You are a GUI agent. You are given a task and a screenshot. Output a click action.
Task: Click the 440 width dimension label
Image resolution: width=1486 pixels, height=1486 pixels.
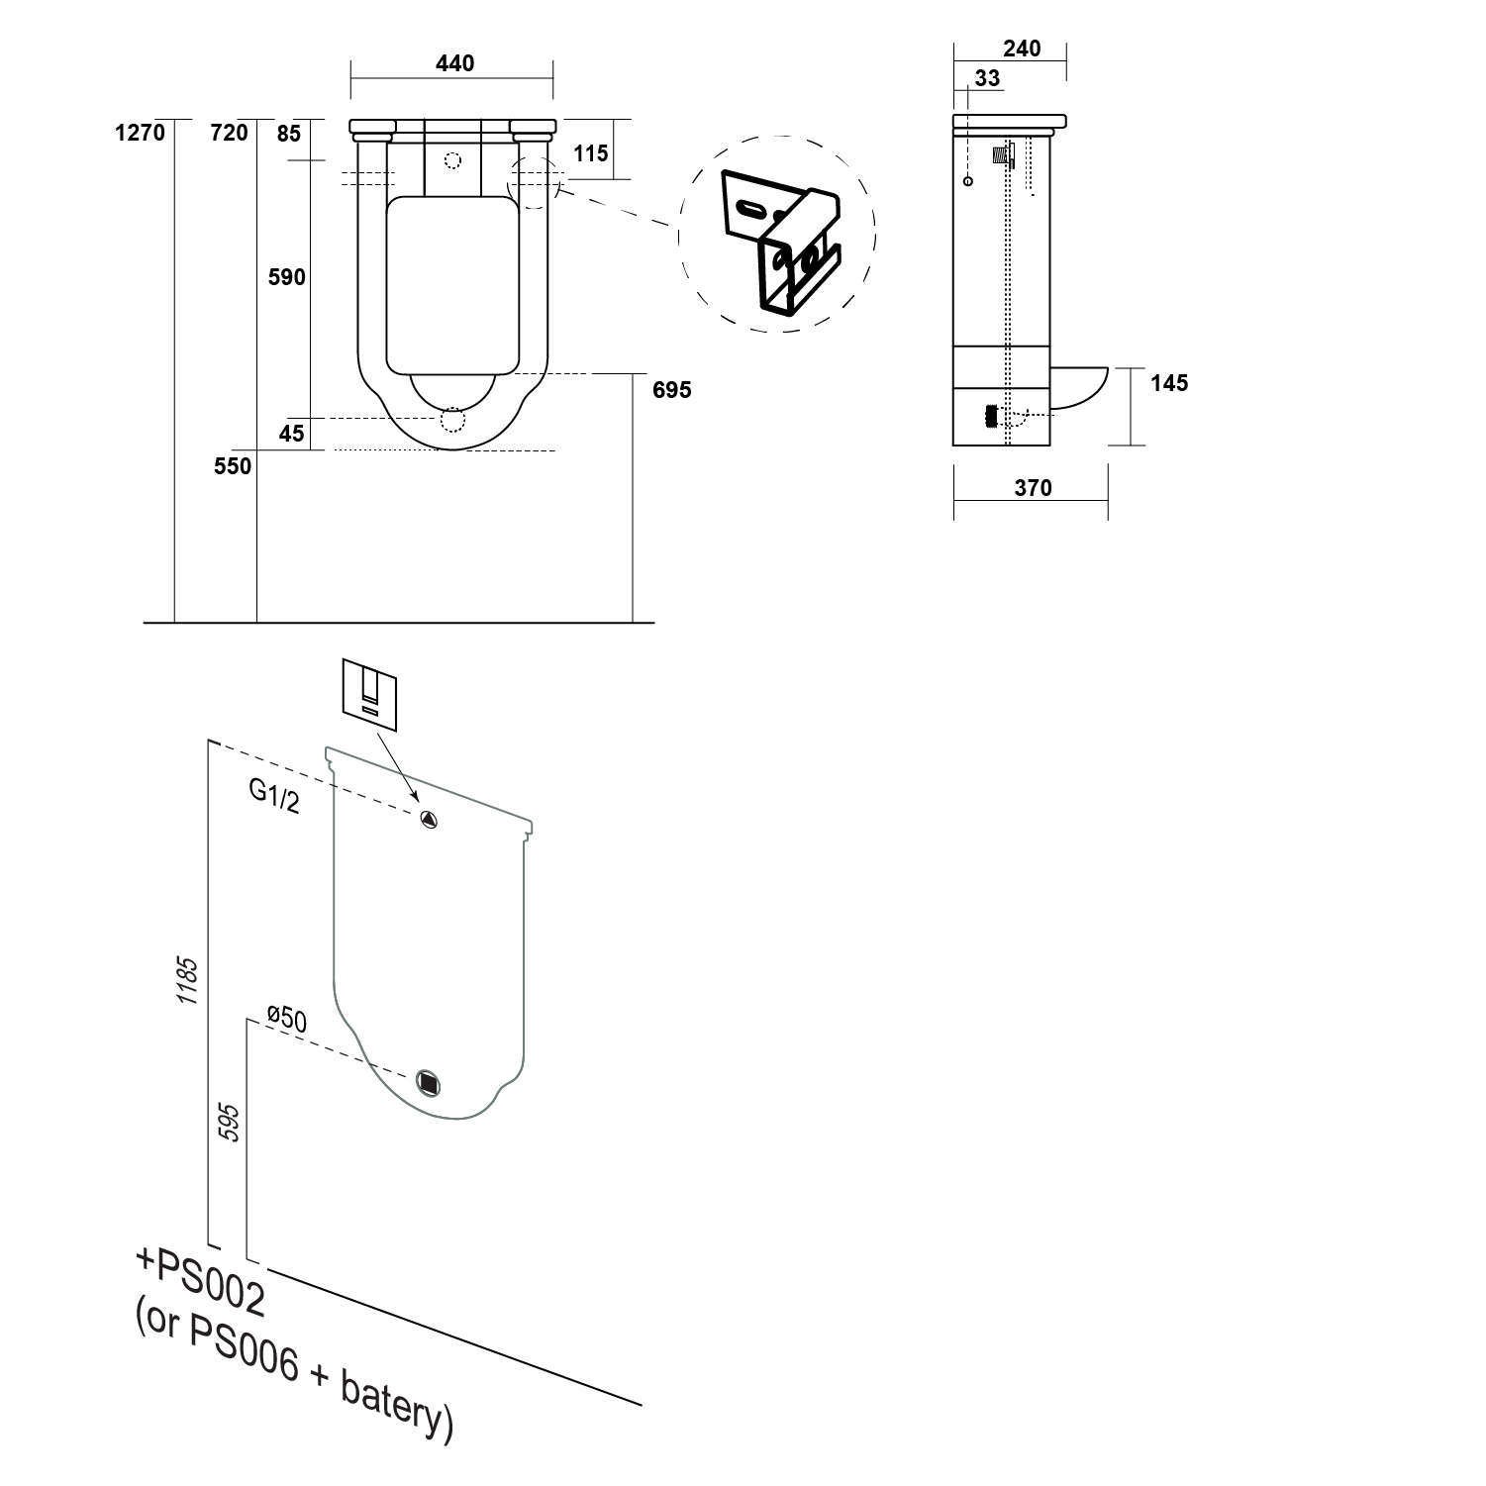pyautogui.click(x=455, y=63)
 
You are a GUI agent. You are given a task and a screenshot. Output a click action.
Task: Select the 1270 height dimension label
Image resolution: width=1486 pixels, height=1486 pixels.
pyautogui.click(x=140, y=132)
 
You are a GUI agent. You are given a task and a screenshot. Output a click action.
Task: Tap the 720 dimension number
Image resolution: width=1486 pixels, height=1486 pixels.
pyautogui.click(x=229, y=132)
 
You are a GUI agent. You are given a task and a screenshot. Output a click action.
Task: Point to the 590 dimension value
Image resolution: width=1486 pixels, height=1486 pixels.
pyautogui.click(x=287, y=277)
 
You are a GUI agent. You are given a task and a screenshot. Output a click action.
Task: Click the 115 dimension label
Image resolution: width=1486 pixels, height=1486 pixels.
pyautogui.click(x=591, y=153)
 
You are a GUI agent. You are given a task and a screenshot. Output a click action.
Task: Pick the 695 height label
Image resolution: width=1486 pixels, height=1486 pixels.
pyautogui.click(x=672, y=390)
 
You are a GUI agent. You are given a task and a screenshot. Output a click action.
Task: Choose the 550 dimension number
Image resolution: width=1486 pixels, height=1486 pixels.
pyautogui.click(x=233, y=465)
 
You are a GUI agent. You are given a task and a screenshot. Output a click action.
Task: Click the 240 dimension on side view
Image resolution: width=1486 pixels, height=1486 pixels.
pyautogui.click(x=1022, y=49)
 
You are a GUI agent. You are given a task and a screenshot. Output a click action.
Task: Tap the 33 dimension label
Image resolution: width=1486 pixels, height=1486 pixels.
pyautogui.click(x=987, y=78)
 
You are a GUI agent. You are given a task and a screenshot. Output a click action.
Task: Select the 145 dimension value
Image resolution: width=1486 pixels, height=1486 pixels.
pyautogui.click(x=1169, y=383)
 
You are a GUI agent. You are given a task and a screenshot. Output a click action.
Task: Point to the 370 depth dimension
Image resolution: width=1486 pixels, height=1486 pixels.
pyautogui.click(x=1033, y=487)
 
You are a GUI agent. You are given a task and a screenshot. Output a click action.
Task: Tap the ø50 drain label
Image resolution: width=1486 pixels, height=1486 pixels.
pyautogui.click(x=288, y=1021)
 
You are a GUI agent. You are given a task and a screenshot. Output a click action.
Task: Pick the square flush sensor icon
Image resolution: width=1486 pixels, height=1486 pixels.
pyautogui.click(x=369, y=686)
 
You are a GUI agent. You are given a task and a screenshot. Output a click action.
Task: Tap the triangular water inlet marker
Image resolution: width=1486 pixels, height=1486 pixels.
pyautogui.click(x=428, y=819)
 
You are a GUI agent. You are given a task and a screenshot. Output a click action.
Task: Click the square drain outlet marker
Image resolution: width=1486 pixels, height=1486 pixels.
pyautogui.click(x=429, y=1083)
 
